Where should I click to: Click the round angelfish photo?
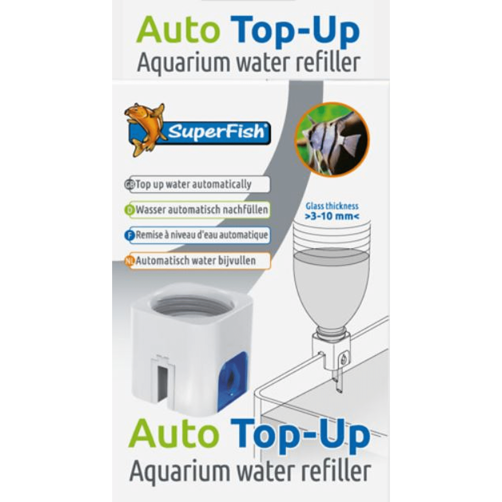click(x=332, y=139)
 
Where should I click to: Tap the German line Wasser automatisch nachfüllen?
click(x=202, y=210)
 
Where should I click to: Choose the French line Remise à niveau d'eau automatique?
click(x=202, y=235)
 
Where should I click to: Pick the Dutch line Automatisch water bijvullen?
click(x=195, y=260)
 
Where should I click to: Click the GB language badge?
click(x=130, y=184)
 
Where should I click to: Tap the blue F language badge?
click(x=130, y=235)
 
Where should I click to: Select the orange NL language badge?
click(x=130, y=261)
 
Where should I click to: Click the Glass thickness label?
click(x=332, y=206)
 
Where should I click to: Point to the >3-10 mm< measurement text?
click(x=332, y=216)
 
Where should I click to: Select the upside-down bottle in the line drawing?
click(x=332, y=278)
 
